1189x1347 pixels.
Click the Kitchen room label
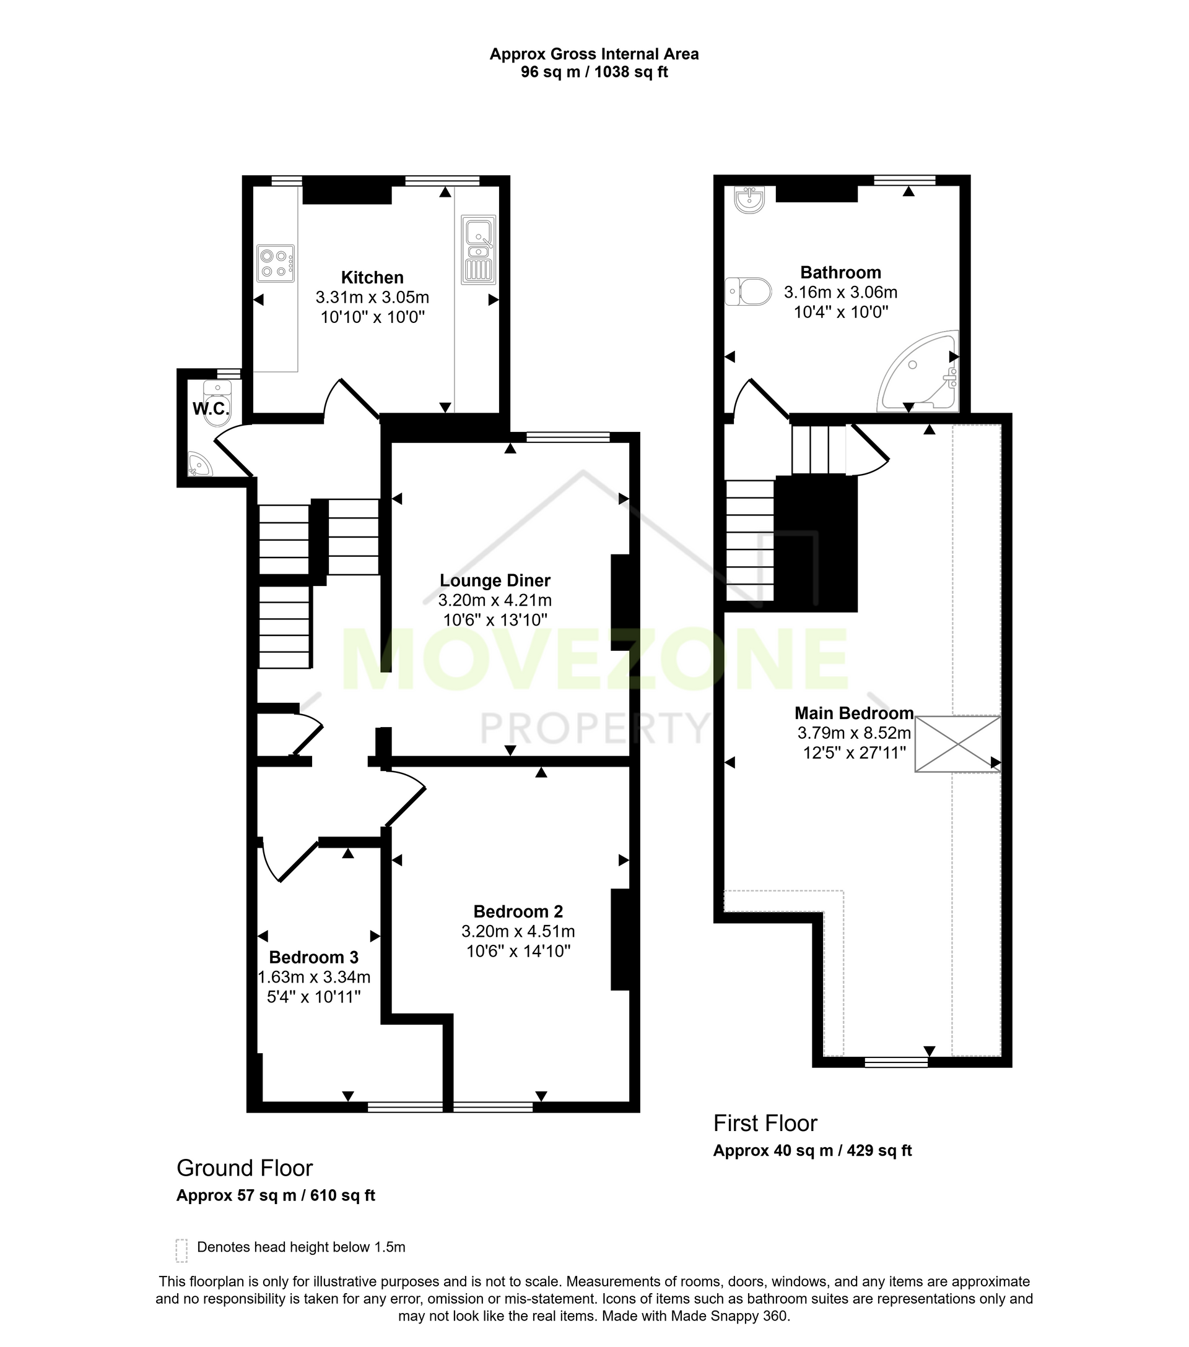[372, 277]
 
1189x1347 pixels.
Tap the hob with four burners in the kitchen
[276, 263]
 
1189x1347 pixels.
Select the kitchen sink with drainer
[478, 250]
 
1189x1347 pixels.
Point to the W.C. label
[211, 408]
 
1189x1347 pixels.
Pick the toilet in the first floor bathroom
[749, 291]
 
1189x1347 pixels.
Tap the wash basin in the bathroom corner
[749, 200]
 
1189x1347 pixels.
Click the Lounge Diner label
[495, 580]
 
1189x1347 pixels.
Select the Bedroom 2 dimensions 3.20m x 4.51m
[518, 931]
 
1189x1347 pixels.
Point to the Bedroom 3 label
[313, 957]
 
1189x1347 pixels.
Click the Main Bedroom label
[854, 712]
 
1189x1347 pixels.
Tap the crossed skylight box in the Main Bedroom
[957, 743]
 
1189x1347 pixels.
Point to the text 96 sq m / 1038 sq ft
[594, 72]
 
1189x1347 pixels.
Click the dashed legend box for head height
[181, 1250]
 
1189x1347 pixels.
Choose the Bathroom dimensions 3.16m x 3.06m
[841, 292]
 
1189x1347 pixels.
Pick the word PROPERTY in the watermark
[593, 728]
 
